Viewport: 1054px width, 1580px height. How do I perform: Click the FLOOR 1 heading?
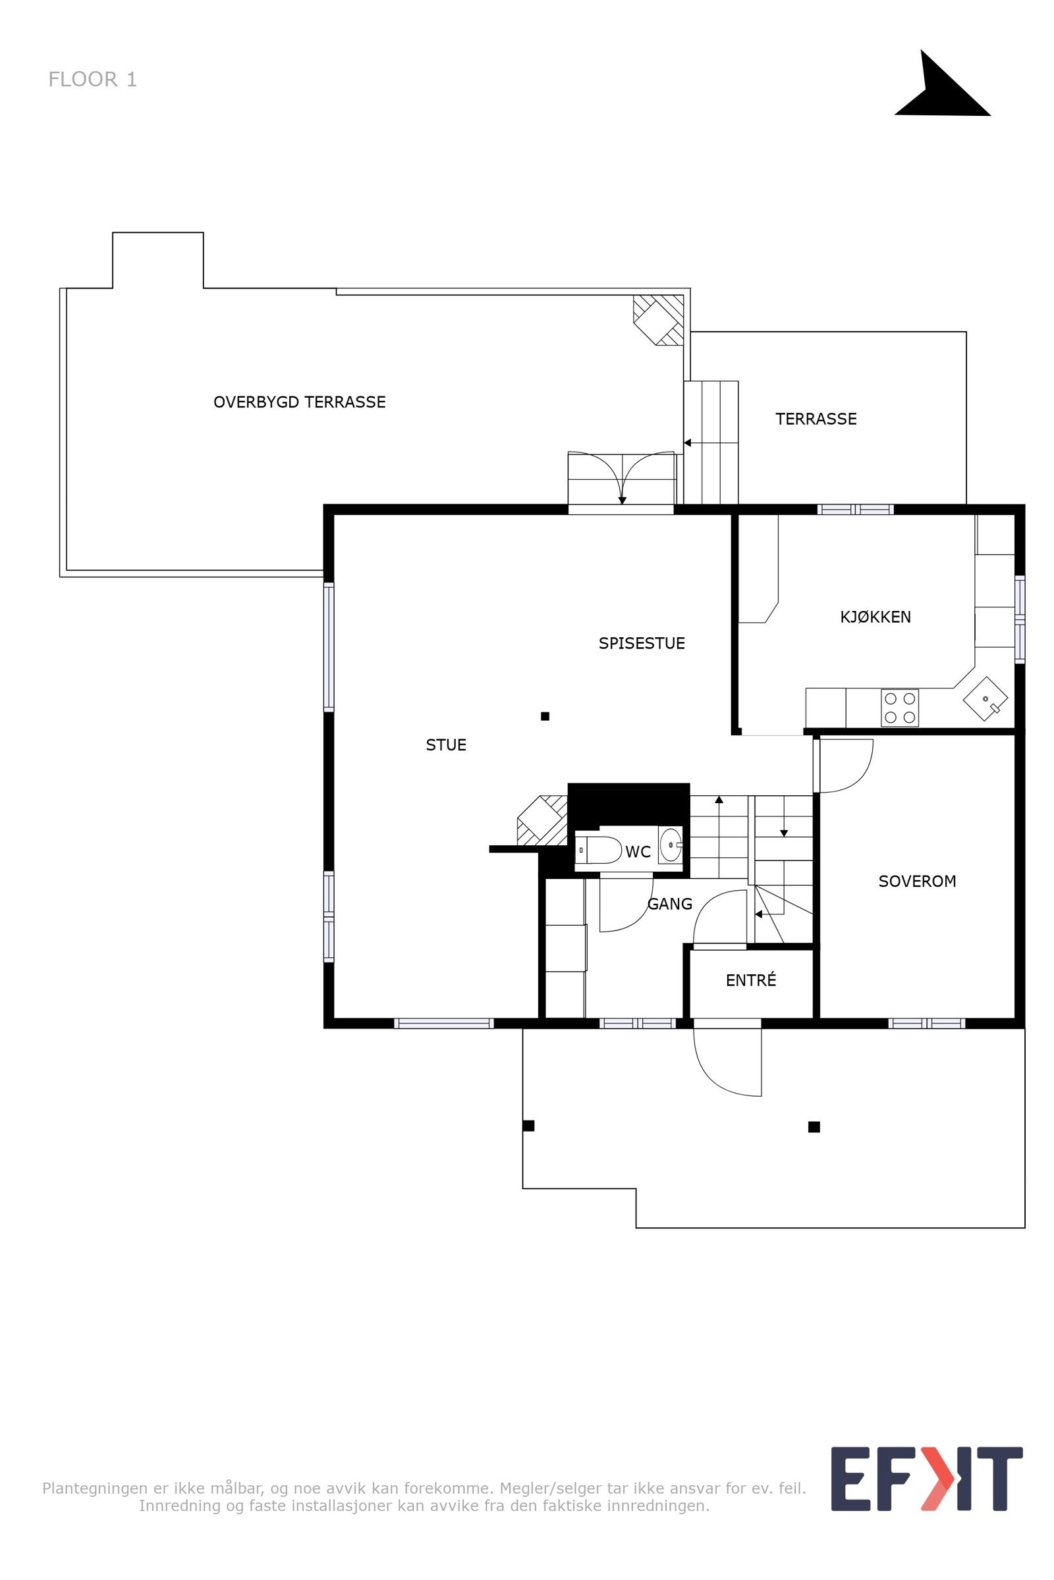[93, 79]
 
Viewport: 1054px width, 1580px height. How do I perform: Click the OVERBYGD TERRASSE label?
[299, 402]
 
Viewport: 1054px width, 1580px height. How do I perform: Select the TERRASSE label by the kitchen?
[816, 419]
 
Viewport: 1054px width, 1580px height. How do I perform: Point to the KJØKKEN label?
[875, 617]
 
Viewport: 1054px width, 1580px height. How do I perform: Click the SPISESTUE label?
[641, 643]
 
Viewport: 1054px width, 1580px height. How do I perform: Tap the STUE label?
[446, 745]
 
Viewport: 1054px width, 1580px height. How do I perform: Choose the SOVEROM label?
[917, 881]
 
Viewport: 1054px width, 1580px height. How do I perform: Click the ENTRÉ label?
[751, 980]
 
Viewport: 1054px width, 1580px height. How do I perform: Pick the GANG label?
[669, 903]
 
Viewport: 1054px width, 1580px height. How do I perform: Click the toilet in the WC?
[598, 850]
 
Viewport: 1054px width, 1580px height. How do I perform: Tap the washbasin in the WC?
[670, 845]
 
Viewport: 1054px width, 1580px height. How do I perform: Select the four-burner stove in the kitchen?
[899, 708]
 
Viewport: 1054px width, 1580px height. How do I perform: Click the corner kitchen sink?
[985, 698]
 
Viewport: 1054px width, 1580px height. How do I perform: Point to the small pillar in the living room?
[545, 716]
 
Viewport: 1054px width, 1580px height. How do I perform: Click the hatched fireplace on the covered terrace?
[659, 321]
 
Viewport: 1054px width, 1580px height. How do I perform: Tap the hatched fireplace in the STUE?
[541, 820]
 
